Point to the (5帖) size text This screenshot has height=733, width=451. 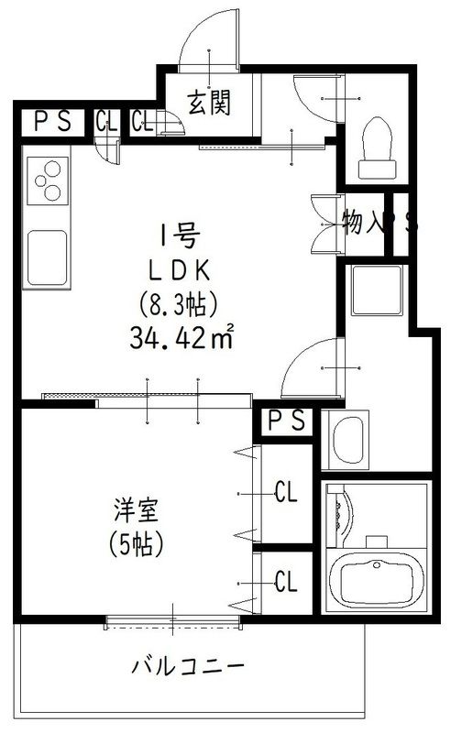[x=138, y=544]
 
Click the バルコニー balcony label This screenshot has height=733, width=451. [x=188, y=663]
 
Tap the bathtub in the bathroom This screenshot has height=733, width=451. [x=378, y=578]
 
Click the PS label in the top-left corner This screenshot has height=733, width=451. [x=52, y=122]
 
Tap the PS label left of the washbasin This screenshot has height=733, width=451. [x=286, y=421]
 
